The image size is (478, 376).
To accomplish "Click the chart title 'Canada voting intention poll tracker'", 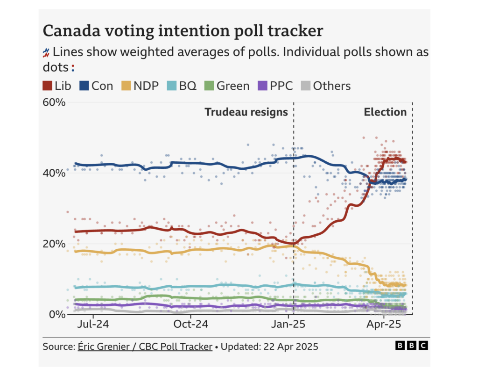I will pos(183,31).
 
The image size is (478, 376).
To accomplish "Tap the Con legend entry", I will pos(97,86).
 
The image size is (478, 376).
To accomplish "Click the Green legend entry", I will pos(227,86).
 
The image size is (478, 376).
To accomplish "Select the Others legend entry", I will pos(325,86).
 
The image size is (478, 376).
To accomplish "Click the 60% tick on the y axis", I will pos(54,102).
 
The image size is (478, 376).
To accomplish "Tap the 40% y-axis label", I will pos(54,173).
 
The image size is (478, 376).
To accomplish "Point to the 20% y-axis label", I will pos(54,244).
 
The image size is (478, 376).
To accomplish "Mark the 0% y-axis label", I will pos(57,314).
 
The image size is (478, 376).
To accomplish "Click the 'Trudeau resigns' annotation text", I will pos(246,112).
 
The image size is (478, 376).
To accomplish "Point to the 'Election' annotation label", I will pos(385,112).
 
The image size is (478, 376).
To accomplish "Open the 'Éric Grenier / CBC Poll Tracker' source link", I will pos(145,347).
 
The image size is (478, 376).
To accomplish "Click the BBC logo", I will pos(411,346).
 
